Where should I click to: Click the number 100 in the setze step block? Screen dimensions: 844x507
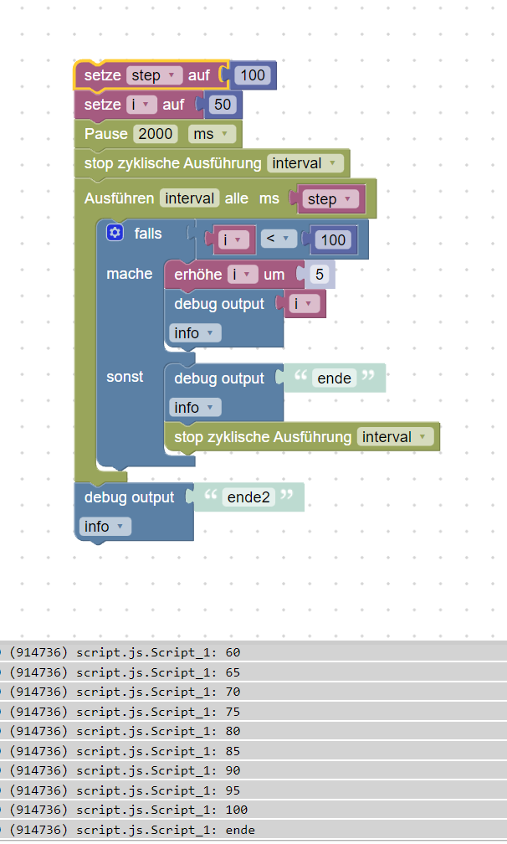point(252,75)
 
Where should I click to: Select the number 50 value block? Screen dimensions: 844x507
point(223,105)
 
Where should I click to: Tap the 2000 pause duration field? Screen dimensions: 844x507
point(156,134)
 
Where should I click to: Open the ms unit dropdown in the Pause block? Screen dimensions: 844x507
point(212,134)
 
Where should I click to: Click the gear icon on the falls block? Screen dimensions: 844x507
point(115,233)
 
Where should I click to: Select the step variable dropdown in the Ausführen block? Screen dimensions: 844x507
point(331,199)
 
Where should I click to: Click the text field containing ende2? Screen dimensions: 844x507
point(249,497)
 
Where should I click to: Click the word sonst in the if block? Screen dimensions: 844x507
point(125,377)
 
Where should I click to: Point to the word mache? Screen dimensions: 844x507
point(130,274)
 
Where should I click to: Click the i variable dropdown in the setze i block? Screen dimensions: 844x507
point(142,105)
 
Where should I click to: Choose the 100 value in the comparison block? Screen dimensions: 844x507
point(333,239)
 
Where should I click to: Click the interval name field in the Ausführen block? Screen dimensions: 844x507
point(191,198)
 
